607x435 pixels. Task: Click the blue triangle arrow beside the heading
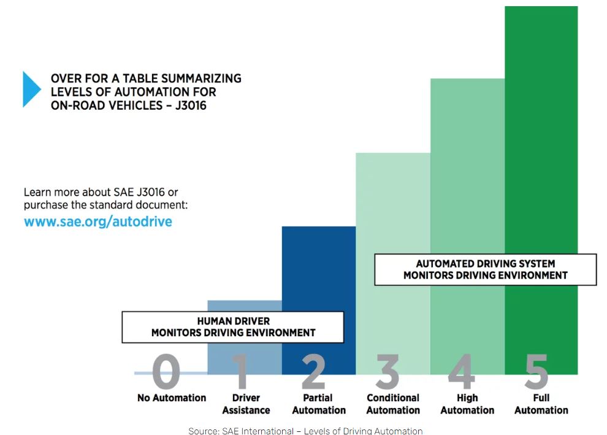31,90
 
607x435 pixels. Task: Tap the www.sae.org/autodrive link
98,221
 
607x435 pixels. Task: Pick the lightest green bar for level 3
392,202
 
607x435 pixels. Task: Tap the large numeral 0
166,372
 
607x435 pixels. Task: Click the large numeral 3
387,372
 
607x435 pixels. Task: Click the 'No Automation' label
172,398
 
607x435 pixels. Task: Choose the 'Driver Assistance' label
246,404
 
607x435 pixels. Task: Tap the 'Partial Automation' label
319,404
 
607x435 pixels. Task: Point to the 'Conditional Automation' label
393,404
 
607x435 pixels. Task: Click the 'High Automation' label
467,404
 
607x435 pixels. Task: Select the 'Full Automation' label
541,404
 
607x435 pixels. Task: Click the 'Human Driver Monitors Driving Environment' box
233,327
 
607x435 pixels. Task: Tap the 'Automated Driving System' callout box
485,269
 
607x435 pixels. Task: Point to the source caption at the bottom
305,431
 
